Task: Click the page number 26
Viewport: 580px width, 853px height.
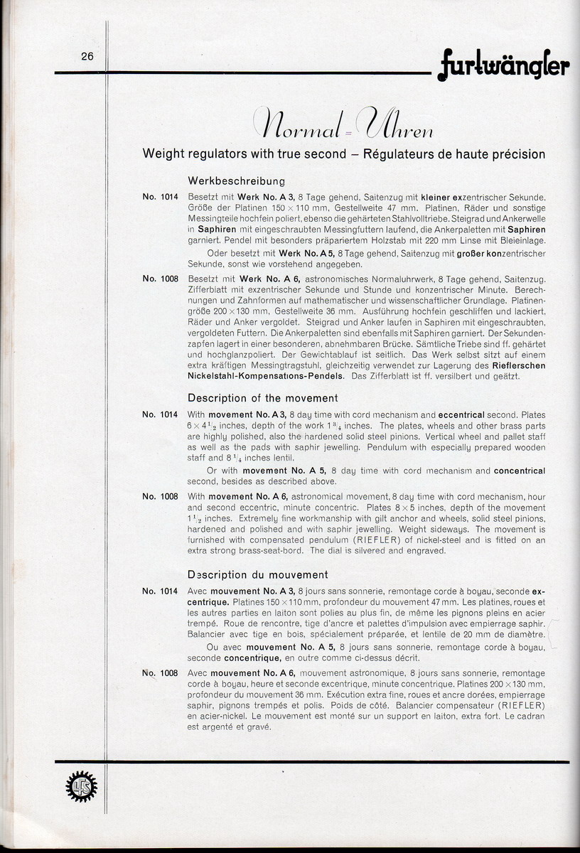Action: pos(87,58)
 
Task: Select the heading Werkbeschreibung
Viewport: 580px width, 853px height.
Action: pos(236,181)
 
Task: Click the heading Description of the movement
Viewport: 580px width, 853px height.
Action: pos(262,398)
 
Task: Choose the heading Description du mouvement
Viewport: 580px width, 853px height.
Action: pos(257,574)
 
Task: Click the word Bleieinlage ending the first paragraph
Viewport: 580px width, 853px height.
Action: pos(517,241)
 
